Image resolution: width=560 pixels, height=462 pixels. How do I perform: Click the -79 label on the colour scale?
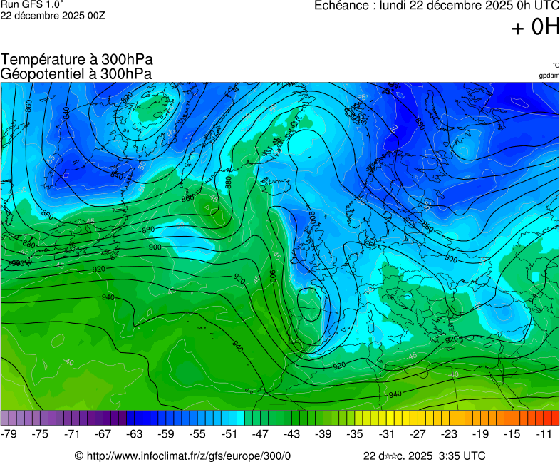pyautogui.click(x=10, y=433)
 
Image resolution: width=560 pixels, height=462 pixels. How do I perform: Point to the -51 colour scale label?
pyautogui.click(x=229, y=433)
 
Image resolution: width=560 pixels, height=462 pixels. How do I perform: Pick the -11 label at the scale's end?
pyautogui.click(x=544, y=433)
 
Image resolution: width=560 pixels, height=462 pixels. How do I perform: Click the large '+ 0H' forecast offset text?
pyautogui.click(x=535, y=27)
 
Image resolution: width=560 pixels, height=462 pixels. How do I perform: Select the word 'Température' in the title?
pyautogui.click(x=43, y=60)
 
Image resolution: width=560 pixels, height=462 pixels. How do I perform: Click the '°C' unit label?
pyautogui.click(x=555, y=65)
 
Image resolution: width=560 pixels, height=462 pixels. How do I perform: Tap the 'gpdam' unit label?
pyautogui.click(x=549, y=75)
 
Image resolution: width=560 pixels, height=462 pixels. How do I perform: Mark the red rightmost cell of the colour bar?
pyautogui.click(x=555, y=418)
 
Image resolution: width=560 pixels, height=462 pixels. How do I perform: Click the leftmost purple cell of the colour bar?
pyautogui.click(x=5, y=418)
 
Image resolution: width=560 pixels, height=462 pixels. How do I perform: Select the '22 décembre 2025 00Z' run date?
pyautogui.click(x=53, y=15)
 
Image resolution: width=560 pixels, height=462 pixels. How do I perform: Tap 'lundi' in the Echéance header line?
pyautogui.click(x=395, y=6)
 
